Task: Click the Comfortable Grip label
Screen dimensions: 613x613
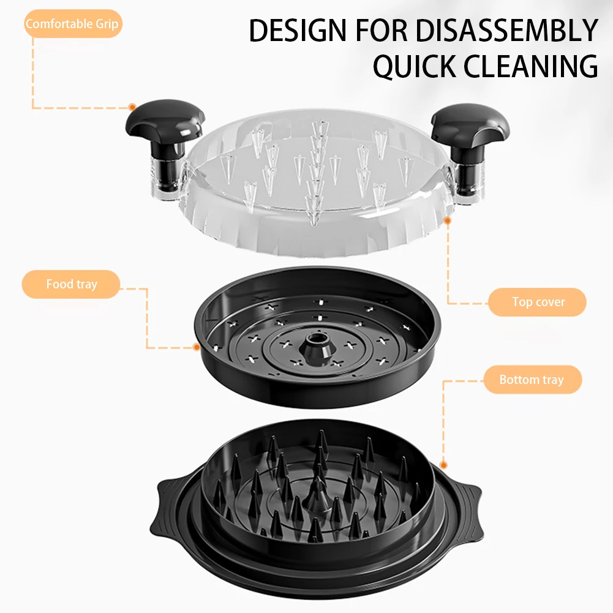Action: click(72, 24)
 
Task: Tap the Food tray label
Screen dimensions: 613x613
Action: click(71, 284)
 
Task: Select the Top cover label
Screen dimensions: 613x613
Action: click(538, 302)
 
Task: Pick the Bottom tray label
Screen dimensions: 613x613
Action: click(532, 380)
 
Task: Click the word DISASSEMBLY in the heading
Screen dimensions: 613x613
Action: click(507, 31)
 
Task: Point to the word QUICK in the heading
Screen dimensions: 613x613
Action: click(415, 66)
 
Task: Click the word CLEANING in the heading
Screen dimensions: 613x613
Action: click(530, 66)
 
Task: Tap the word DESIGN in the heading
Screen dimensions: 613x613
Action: click(298, 31)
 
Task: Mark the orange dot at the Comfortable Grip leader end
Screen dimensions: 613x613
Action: click(132, 107)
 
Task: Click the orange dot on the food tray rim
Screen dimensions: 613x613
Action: click(197, 347)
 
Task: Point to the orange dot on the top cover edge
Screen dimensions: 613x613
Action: click(448, 221)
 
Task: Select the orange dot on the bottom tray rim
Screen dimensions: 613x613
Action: click(443, 465)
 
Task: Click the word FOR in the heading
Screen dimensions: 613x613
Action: click(382, 31)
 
